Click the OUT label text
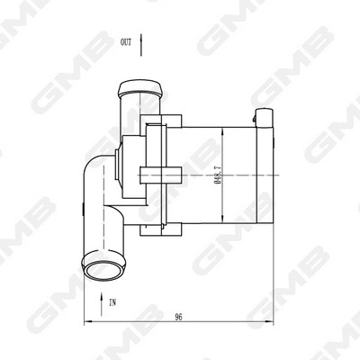126,42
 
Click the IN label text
112,303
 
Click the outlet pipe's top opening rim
140,86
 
